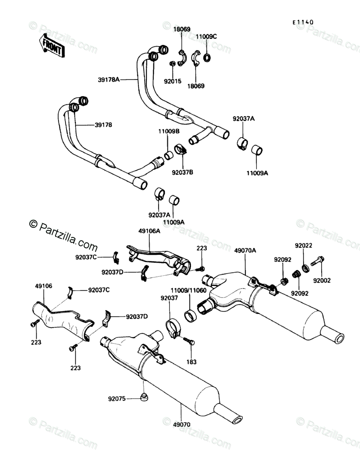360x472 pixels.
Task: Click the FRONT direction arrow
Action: (x=52, y=46)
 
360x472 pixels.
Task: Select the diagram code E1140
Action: (x=303, y=22)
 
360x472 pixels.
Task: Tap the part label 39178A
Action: (x=109, y=80)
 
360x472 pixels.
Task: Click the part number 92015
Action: (x=173, y=81)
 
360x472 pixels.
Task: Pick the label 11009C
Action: (x=206, y=37)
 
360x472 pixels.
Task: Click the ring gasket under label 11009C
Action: (x=207, y=57)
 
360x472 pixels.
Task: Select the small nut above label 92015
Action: (x=173, y=64)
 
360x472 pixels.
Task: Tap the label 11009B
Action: (x=169, y=131)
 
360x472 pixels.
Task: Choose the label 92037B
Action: (x=182, y=173)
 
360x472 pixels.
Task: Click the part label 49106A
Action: (x=149, y=231)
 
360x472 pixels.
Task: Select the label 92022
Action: (x=304, y=245)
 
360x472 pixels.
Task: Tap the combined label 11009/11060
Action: (x=188, y=291)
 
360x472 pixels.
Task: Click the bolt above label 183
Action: (x=189, y=341)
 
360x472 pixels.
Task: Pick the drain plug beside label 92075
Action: (x=144, y=397)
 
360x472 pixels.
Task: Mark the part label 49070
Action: (x=181, y=425)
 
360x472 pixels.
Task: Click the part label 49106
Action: (x=43, y=286)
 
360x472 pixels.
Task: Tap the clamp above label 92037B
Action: (x=180, y=149)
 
